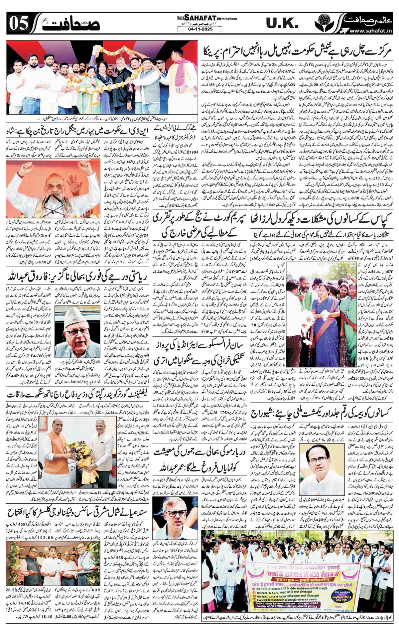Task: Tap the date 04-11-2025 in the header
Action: tap(199, 29)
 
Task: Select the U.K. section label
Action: tap(282, 23)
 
